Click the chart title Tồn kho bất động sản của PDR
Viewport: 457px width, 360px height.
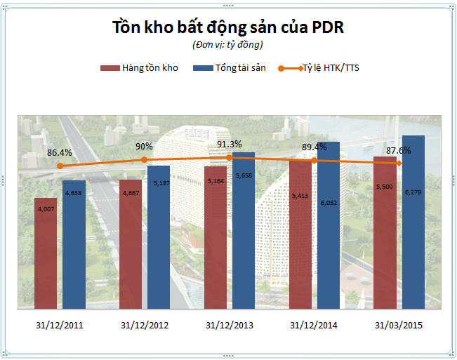[228, 27]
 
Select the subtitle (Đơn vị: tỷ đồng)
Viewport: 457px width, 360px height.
[227, 45]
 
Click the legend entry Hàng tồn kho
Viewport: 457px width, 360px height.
[140, 68]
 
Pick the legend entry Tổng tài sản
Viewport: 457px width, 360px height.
[230, 68]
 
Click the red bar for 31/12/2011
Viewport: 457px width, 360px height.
[46, 253]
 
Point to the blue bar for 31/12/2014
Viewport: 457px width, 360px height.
[328, 225]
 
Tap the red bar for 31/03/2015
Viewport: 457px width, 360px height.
[385, 232]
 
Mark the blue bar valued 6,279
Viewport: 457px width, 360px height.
[413, 221]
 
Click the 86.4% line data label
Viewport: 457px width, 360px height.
[60, 152]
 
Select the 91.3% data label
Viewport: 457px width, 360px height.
[229, 145]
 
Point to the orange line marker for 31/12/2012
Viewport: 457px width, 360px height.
[145, 159]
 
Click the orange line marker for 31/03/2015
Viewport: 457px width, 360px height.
[399, 163]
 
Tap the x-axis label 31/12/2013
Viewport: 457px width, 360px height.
[230, 326]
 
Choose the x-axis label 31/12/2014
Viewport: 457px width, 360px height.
[314, 326]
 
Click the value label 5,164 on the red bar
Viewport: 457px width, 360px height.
[215, 180]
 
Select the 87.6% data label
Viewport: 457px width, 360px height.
[398, 150]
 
